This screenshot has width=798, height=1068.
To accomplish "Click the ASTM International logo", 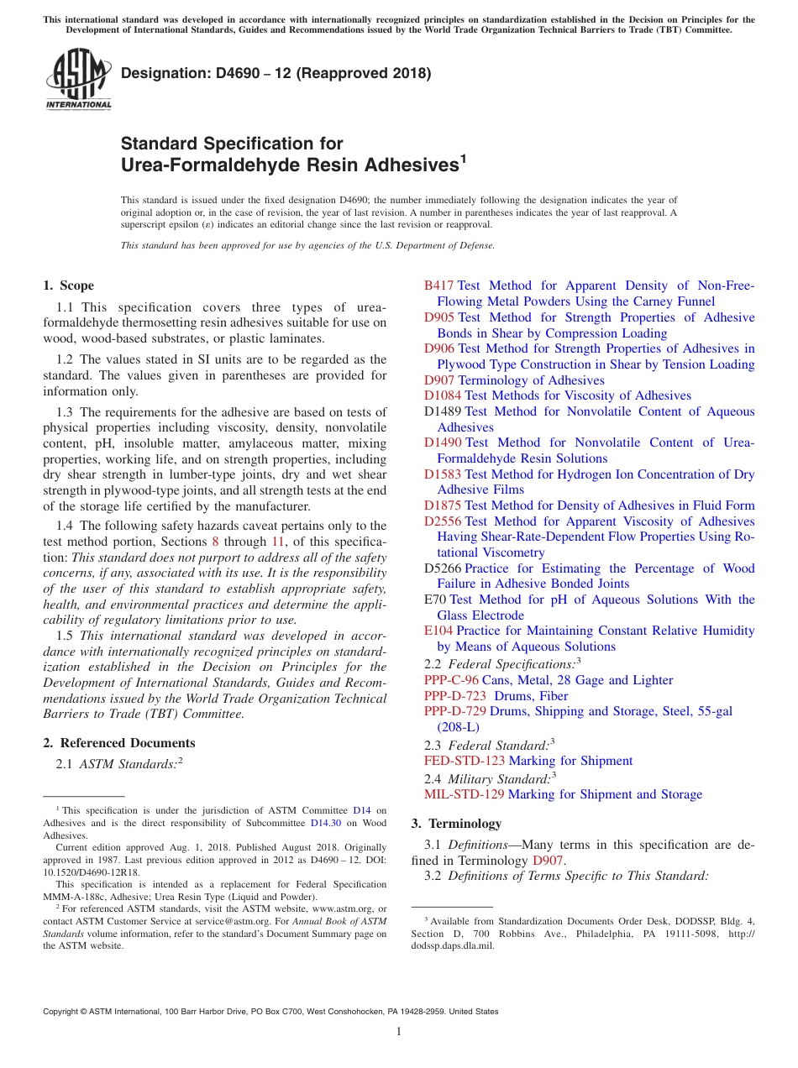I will click(78, 77).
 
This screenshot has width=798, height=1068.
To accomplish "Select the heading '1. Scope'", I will click(69, 285).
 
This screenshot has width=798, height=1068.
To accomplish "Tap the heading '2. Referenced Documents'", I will click(118, 742).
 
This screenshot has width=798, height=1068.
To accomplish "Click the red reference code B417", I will click(438, 285).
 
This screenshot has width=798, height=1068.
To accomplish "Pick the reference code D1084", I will click(443, 395).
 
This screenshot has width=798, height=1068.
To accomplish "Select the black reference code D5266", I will click(443, 568).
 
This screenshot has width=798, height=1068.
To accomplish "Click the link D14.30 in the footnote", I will click(326, 823).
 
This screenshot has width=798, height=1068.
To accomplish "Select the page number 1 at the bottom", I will click(399, 1031).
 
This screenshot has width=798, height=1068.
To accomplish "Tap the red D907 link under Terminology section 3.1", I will click(549, 861).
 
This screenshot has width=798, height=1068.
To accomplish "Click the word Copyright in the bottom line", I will click(62, 1012).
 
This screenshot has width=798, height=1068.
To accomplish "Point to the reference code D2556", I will click(443, 521).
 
